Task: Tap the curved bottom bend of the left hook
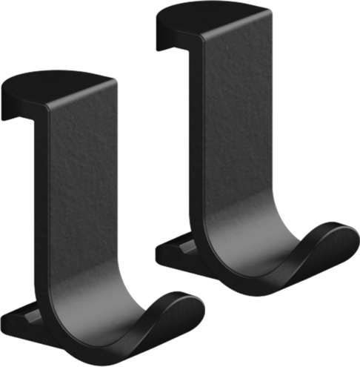(x=111, y=326)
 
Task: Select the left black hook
(x=81, y=208)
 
